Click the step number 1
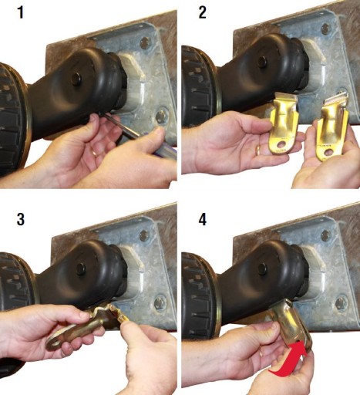point(21,12)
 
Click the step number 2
point(203,12)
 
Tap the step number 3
point(21,219)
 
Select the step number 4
point(203,219)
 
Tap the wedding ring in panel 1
point(95,154)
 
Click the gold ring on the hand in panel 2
point(257,150)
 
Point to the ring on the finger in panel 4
point(261,353)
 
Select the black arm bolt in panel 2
point(262,62)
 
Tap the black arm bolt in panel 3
point(81,268)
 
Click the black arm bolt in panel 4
point(262,268)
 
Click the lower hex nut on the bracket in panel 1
point(161,116)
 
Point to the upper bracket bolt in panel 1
point(145,42)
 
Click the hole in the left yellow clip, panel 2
point(281,145)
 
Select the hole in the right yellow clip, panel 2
point(328,153)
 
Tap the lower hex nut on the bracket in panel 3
point(160,303)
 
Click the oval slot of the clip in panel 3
point(55,343)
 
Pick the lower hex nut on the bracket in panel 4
point(341,302)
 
